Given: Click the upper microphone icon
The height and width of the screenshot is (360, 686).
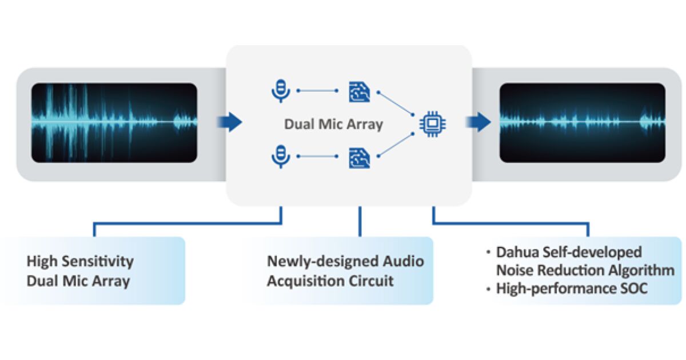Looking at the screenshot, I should [280, 91].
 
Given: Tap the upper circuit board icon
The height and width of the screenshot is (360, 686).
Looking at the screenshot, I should [359, 91].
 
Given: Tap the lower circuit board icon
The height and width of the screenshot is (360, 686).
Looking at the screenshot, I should [359, 157].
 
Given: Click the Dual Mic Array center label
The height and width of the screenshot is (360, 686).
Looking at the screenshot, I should [333, 124].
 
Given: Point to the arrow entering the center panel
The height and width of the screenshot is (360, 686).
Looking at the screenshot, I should [230, 122].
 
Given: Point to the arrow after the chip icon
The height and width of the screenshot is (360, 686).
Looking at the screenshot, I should [478, 122].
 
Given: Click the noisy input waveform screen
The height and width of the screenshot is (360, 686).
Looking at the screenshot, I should [114, 122].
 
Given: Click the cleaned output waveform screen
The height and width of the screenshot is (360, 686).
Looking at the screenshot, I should [582, 122].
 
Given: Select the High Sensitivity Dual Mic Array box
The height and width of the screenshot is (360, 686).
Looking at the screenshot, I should [94, 271].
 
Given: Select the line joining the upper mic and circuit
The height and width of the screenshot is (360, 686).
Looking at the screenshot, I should [318, 91].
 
